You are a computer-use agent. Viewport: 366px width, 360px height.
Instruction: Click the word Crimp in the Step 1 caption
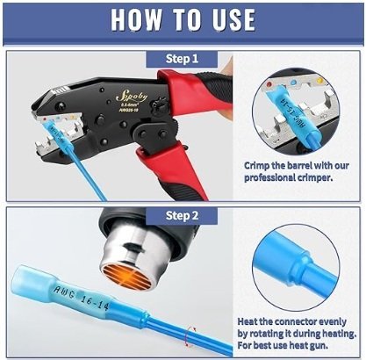click(x=258, y=163)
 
